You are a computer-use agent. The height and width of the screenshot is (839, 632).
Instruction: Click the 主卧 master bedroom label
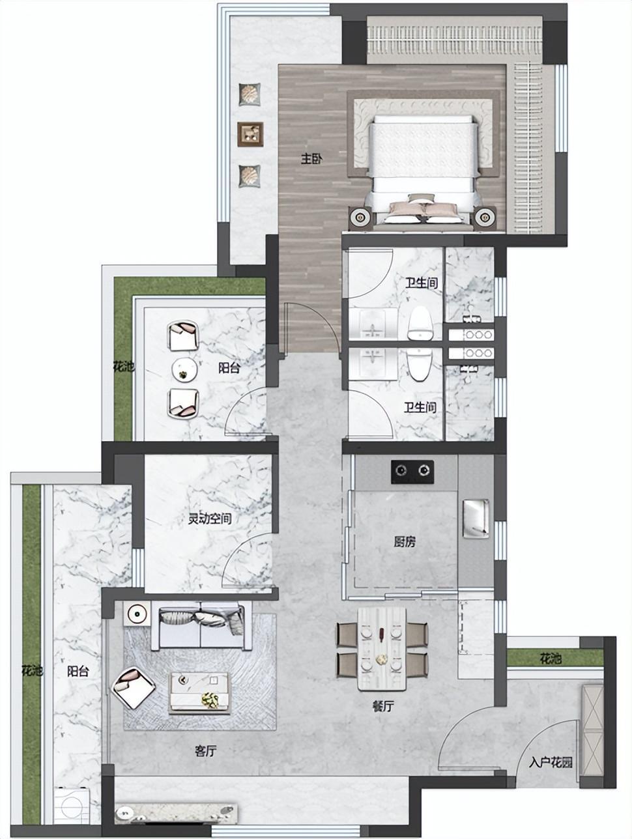tap(311, 158)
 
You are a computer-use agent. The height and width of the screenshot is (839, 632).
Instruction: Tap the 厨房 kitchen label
tap(404, 541)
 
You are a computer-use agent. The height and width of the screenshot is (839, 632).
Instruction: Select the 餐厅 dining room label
tap(382, 706)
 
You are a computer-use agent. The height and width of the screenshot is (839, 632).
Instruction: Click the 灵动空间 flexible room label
tap(210, 518)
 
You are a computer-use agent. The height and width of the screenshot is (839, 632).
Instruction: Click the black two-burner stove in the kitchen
tap(412, 472)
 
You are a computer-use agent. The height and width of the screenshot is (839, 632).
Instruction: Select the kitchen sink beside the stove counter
tap(476, 519)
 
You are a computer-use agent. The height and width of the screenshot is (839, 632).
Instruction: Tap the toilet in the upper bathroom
tap(420, 323)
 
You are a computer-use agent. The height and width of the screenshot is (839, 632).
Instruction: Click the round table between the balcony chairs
tap(184, 369)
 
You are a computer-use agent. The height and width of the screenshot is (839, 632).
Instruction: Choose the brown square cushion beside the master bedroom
tap(250, 134)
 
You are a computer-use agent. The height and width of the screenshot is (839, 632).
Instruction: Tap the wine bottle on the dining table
tap(381, 632)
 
